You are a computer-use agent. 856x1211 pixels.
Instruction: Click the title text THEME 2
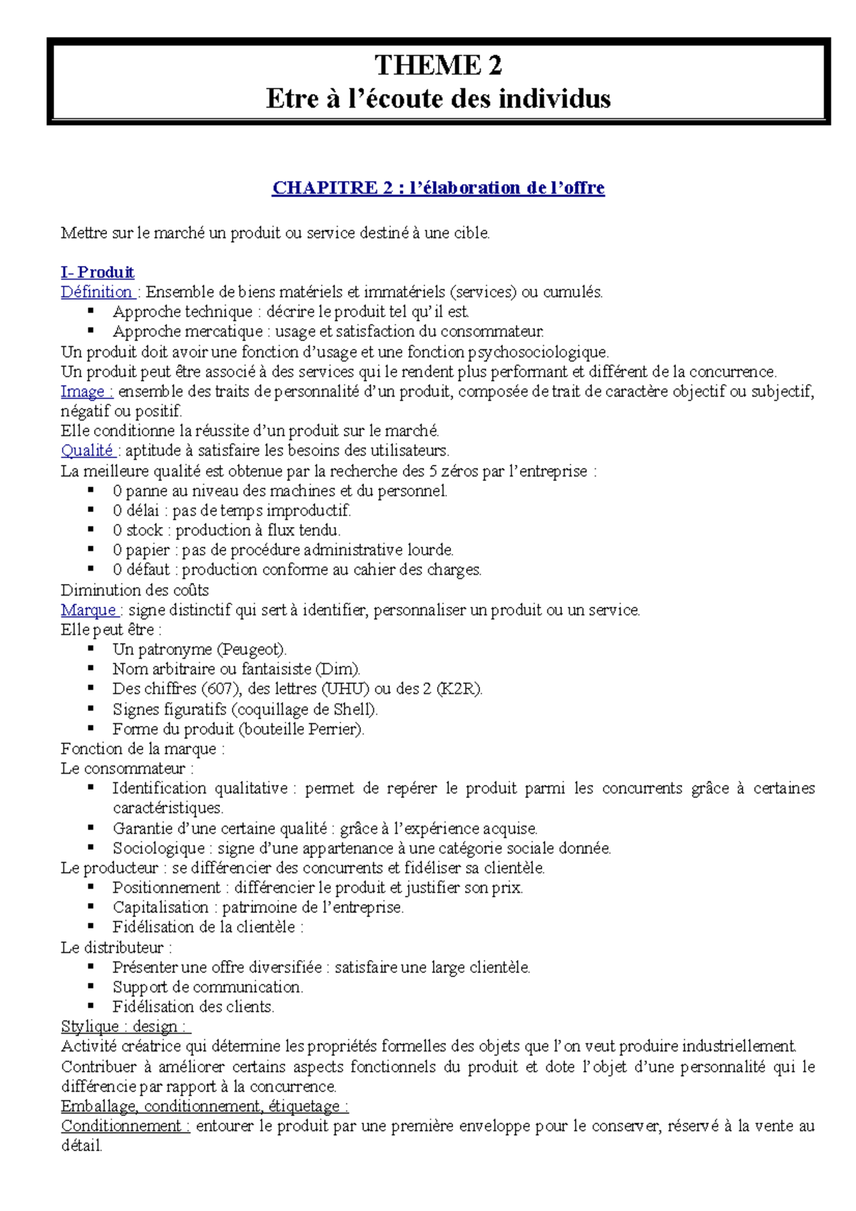tap(438, 65)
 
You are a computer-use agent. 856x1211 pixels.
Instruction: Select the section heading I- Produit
tap(97, 272)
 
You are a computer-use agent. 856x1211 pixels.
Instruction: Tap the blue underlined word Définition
tap(96, 292)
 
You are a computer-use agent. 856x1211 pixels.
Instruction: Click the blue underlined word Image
tap(83, 391)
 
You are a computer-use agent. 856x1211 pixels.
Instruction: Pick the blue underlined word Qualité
tap(87, 451)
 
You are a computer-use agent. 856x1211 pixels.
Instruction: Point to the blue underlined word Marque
tap(88, 610)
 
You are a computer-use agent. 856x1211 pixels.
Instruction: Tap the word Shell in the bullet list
tap(353, 709)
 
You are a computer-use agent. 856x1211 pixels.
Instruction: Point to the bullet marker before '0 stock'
tap(91, 529)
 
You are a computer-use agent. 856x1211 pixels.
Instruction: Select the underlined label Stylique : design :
tap(125, 1026)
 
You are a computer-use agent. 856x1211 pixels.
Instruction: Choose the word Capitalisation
tap(160, 907)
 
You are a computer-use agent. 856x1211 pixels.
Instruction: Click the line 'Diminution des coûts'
tap(135, 590)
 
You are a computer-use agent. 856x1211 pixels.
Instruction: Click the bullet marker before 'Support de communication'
tap(91, 986)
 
